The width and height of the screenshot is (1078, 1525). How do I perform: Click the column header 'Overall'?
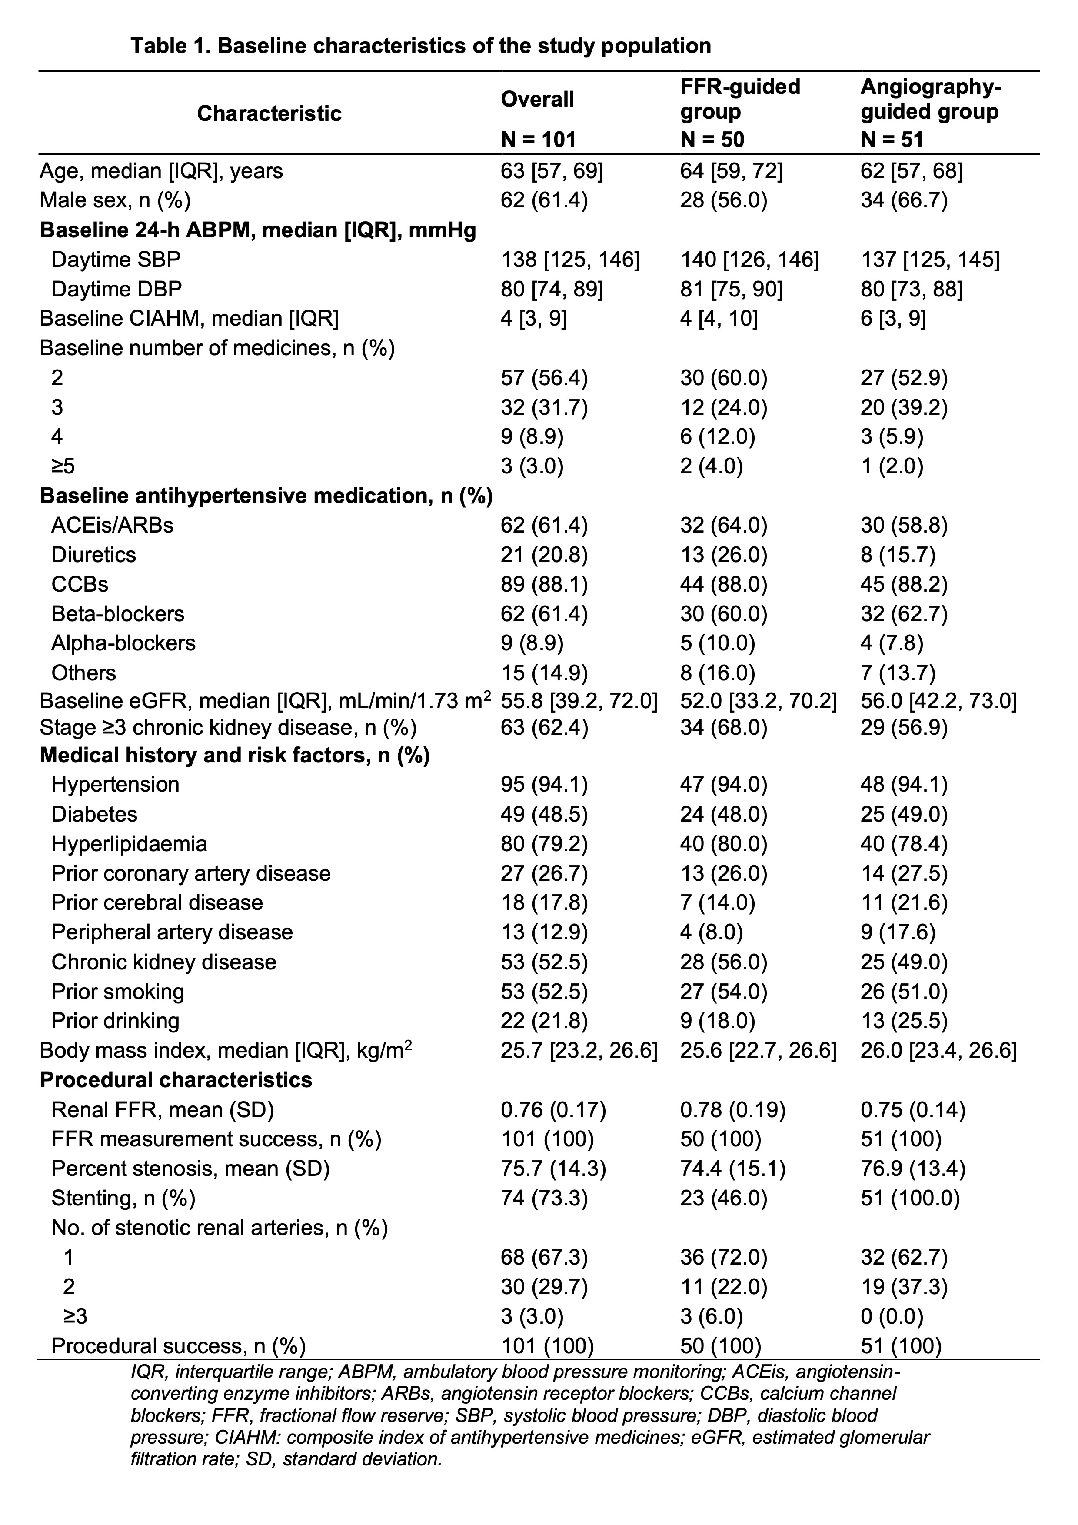[x=537, y=100]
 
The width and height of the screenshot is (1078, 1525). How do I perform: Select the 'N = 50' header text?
[x=712, y=140]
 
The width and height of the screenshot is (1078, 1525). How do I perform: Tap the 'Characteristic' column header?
[x=269, y=113]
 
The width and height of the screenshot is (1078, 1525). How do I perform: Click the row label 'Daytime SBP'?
[x=116, y=260]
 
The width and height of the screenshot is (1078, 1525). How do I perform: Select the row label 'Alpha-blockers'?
[x=123, y=643]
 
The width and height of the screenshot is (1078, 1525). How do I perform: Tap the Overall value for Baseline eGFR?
[x=579, y=701]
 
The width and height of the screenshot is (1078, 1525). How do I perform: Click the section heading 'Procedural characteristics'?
[x=176, y=1080]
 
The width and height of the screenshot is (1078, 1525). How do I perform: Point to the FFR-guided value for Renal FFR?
[x=732, y=1110]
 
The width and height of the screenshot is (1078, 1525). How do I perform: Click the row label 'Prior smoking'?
[x=117, y=992]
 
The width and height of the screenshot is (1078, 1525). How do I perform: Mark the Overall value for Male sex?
[x=544, y=200]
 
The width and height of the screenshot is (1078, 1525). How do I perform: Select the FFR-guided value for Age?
[x=731, y=171]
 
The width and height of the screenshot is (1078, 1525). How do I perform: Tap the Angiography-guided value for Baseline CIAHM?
[x=893, y=319]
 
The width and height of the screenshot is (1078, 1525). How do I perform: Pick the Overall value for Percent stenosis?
[x=553, y=1169]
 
